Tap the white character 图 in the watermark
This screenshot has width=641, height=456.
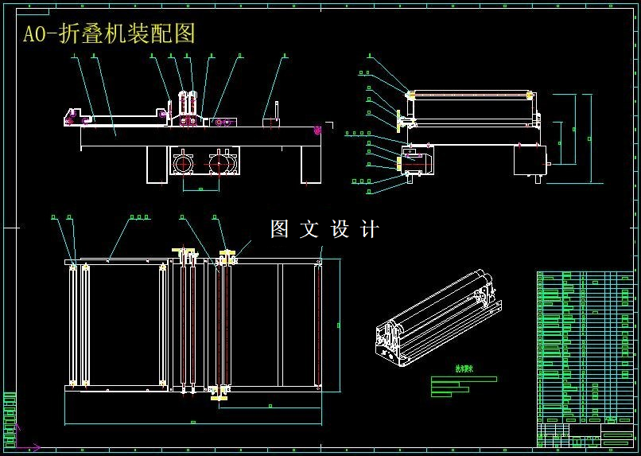280,229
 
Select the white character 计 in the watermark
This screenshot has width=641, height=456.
370,229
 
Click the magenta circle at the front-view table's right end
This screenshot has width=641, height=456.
318,130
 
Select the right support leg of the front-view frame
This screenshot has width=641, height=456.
310,166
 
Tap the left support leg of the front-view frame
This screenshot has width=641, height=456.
156,166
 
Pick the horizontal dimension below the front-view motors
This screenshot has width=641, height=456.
200,189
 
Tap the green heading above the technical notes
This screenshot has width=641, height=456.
463,368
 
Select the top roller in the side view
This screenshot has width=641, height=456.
472,95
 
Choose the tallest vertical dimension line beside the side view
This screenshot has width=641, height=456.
591,129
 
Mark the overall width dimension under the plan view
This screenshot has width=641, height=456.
192,421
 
